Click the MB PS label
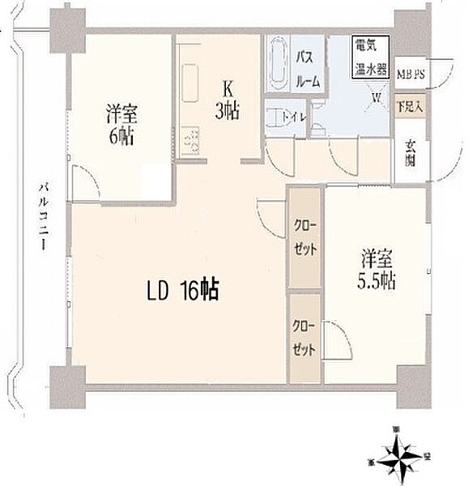coord(410,75)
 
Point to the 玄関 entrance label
coord(411,155)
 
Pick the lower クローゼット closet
coord(306,336)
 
